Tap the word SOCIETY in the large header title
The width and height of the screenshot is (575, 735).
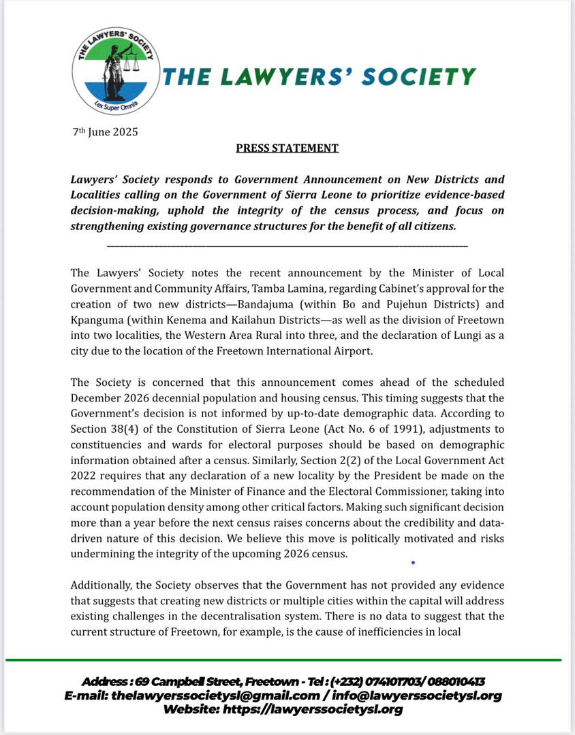(x=419, y=76)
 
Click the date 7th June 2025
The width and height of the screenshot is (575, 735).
(x=106, y=131)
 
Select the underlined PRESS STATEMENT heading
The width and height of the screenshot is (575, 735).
(x=287, y=148)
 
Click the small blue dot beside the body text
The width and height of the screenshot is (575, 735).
(x=413, y=563)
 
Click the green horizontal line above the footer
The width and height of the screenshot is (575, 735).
(x=283, y=659)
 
